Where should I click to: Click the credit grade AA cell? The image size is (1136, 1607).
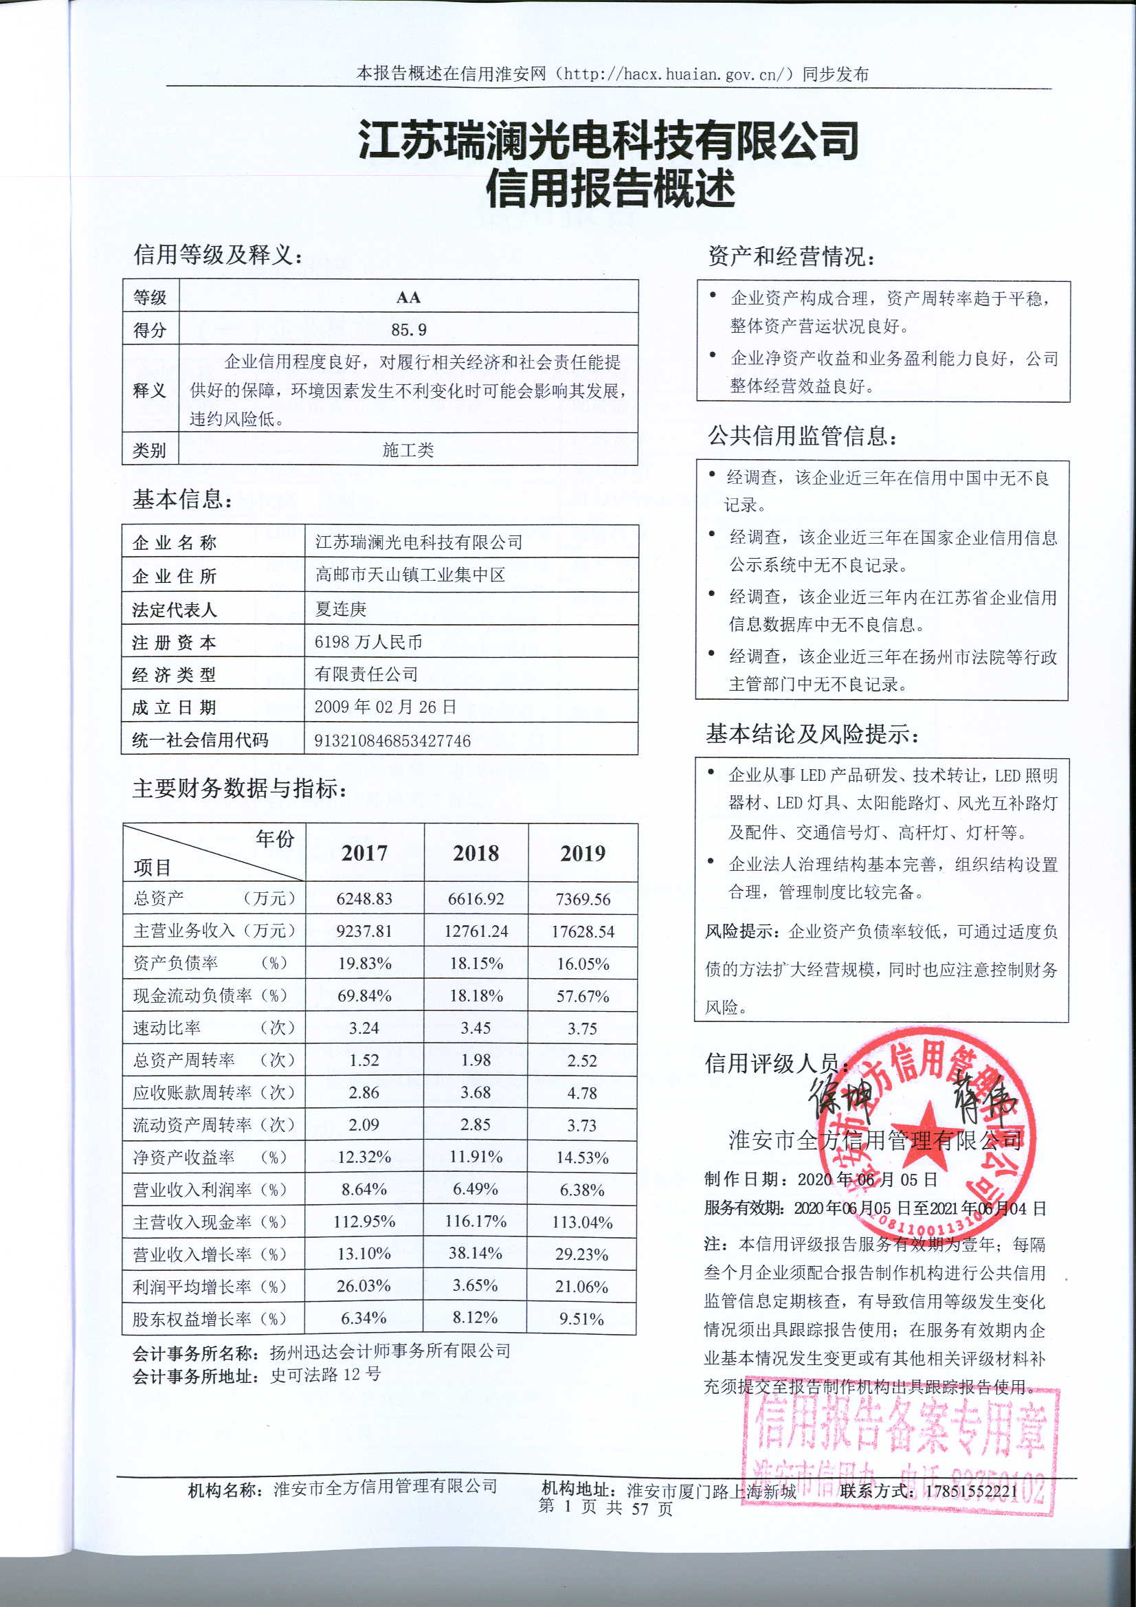coord(408,297)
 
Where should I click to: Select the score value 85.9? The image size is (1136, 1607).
coord(408,329)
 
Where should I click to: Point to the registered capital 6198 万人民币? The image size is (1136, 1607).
coord(368,641)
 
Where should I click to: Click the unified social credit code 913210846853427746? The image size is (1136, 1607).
coord(392,740)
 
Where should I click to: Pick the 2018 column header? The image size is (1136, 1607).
coord(476,853)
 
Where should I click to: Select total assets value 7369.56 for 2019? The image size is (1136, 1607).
coord(582,898)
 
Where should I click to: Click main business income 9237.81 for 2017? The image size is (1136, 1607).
coord(364,931)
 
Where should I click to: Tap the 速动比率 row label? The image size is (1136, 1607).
coord(166,1028)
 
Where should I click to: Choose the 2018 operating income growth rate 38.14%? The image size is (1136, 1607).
coord(476,1253)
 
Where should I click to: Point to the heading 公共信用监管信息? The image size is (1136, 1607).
coord(802,436)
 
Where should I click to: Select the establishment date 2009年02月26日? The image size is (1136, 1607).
coord(385,707)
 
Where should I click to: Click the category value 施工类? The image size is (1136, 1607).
coord(408,450)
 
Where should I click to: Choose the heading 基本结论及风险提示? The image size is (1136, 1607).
coord(812,733)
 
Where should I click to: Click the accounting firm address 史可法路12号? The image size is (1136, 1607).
coord(326,1374)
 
